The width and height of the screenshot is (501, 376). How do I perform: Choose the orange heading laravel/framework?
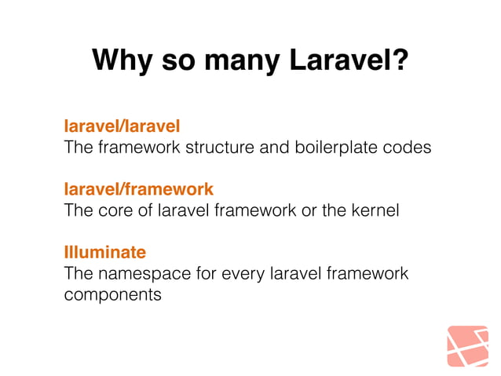click(138, 189)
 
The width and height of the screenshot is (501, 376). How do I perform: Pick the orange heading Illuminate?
click(104, 253)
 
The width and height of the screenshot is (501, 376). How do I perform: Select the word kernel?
click(376, 210)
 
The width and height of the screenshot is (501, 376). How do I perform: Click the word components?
click(112, 295)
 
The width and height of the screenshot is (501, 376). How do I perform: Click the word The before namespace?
click(78, 274)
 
